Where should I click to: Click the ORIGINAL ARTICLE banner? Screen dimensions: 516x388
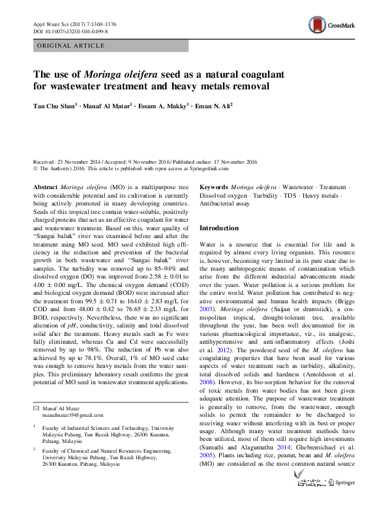(71, 46)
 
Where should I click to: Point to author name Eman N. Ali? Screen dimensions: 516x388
(211, 104)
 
